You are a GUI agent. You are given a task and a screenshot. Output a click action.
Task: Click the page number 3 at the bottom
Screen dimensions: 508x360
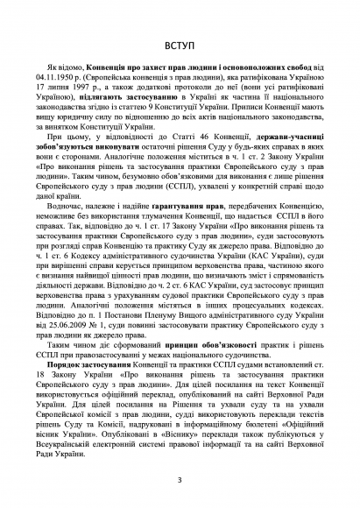[180, 478]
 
